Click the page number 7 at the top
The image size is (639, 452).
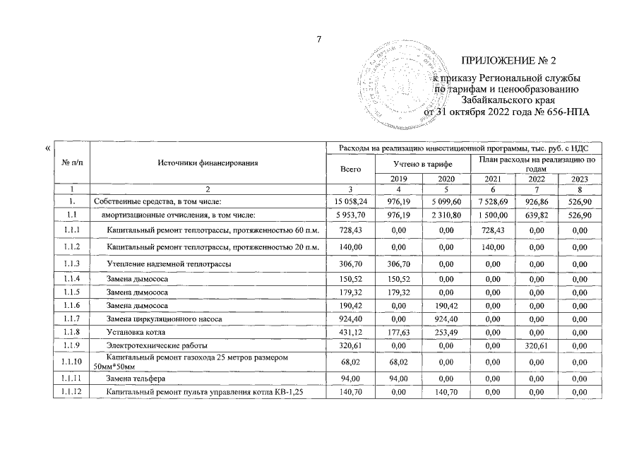[318, 39]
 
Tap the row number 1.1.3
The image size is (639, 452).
[71, 263]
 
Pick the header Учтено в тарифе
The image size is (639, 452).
[422, 164]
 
